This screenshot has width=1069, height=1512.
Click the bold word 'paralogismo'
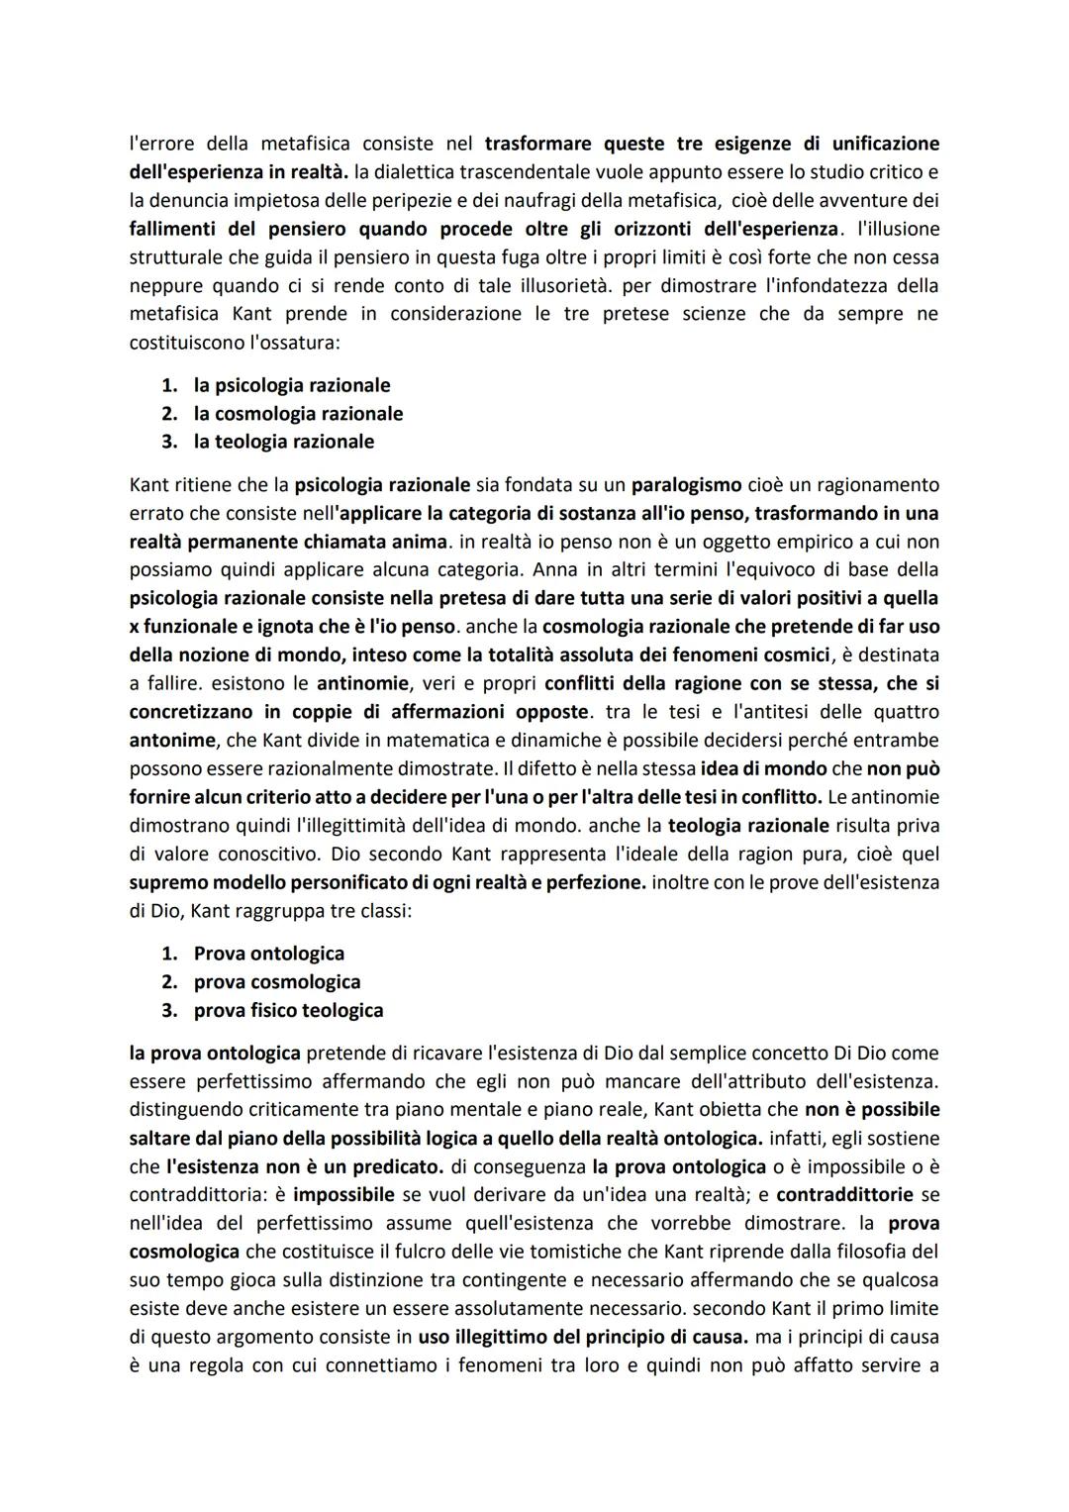click(x=686, y=485)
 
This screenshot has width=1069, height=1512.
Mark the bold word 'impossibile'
click(x=343, y=1195)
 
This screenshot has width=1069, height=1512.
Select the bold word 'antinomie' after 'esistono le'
click(x=362, y=683)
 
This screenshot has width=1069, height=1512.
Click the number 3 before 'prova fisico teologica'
click(x=169, y=1010)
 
